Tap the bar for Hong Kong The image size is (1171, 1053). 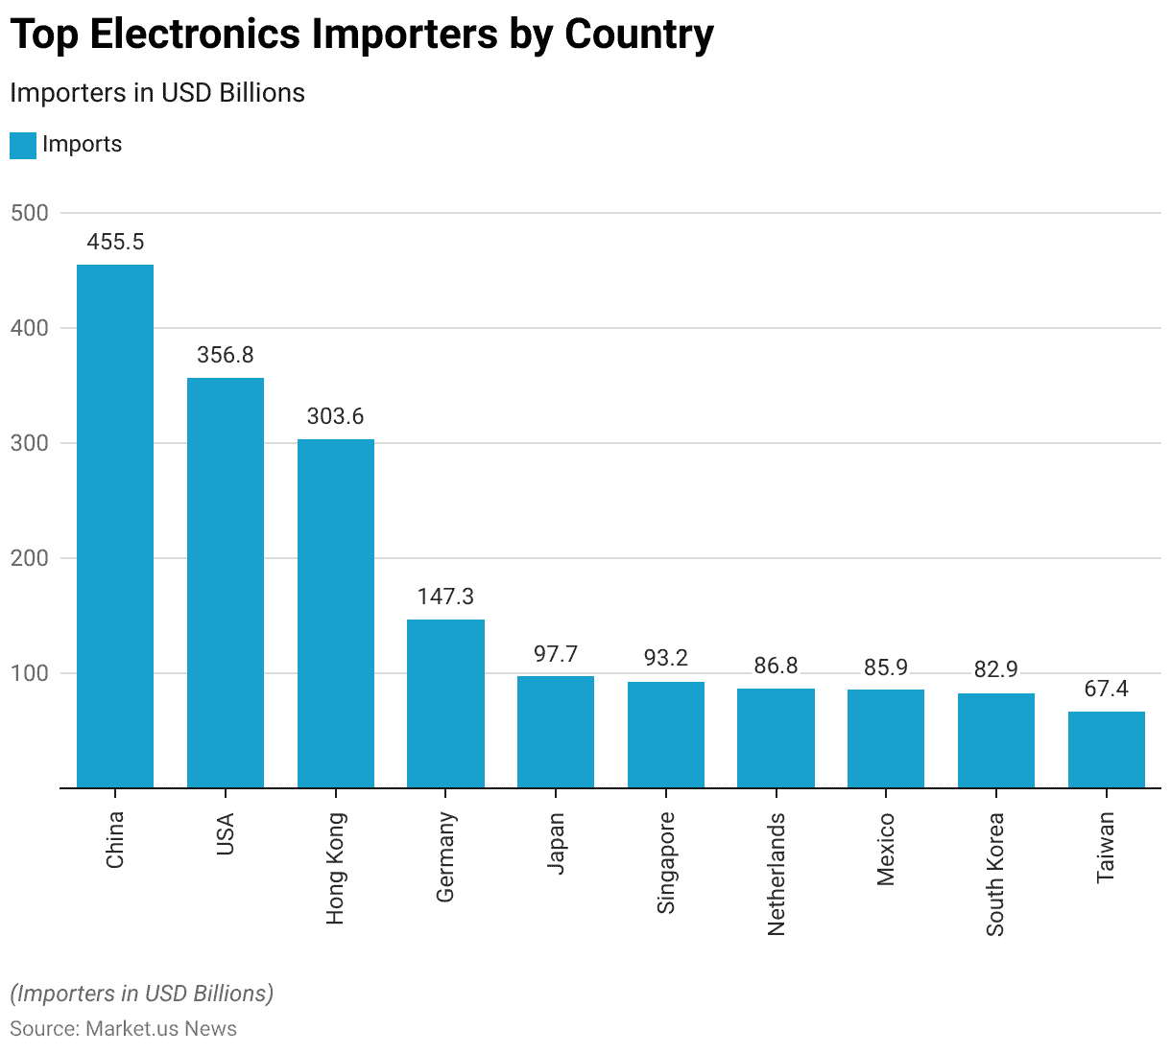(x=335, y=613)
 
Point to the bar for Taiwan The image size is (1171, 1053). (x=1106, y=749)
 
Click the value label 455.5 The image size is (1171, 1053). (x=115, y=242)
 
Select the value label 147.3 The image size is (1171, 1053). (x=445, y=597)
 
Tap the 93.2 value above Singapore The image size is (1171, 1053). (x=666, y=658)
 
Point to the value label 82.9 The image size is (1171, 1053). (x=995, y=669)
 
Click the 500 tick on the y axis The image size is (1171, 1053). (x=30, y=213)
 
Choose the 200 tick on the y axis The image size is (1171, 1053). (x=30, y=558)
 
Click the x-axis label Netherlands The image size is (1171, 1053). (x=777, y=874)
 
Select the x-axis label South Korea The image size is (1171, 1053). (x=995, y=875)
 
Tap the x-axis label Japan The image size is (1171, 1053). (x=556, y=843)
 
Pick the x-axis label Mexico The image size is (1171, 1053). (x=886, y=850)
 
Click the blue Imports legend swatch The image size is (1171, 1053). (x=23, y=146)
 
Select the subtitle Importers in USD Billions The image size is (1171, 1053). (x=157, y=93)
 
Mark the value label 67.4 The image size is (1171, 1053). (x=1106, y=689)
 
